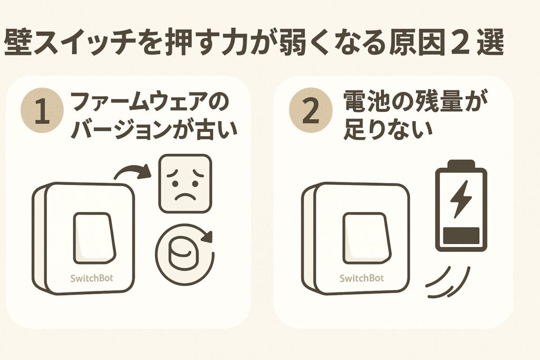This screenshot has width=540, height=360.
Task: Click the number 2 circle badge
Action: (x=311, y=113)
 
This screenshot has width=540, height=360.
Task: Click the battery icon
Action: (x=460, y=205)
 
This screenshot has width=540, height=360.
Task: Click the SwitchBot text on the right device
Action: (x=362, y=277)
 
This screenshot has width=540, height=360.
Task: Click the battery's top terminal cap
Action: (x=460, y=164)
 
